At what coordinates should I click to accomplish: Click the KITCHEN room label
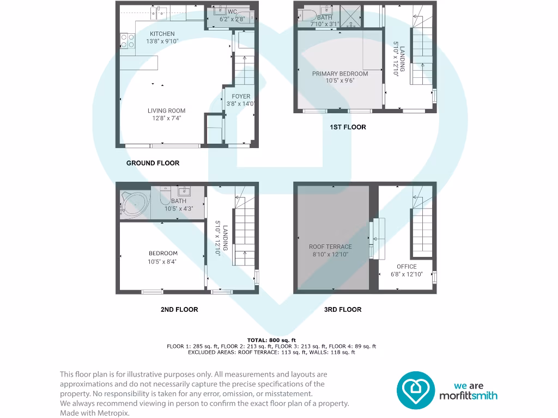coord(162,34)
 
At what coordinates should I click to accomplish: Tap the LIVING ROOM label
coord(166,111)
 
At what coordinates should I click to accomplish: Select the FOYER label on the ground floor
coord(241,96)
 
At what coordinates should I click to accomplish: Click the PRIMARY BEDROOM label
coord(339,73)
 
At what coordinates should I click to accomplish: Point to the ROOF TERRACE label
coord(330,247)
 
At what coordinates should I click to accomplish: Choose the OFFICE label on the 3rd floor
coord(407,267)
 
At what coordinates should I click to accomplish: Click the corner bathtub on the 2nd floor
coord(134,204)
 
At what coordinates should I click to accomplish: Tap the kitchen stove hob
coord(128,40)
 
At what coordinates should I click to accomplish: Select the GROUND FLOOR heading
coord(153,163)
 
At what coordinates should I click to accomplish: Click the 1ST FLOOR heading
coord(348,127)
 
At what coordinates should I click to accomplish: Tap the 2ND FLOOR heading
coord(179,309)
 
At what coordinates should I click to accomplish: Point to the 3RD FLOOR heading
coord(343,309)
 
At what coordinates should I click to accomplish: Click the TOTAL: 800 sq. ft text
coord(271,340)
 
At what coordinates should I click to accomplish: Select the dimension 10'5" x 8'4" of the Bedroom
coord(162,261)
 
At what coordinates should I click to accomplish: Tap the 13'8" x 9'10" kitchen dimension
coord(162,41)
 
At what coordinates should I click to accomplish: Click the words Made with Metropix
coord(95,413)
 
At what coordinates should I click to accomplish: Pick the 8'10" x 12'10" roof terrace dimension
coord(330,254)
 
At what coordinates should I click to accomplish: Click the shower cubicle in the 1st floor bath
coord(351,16)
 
